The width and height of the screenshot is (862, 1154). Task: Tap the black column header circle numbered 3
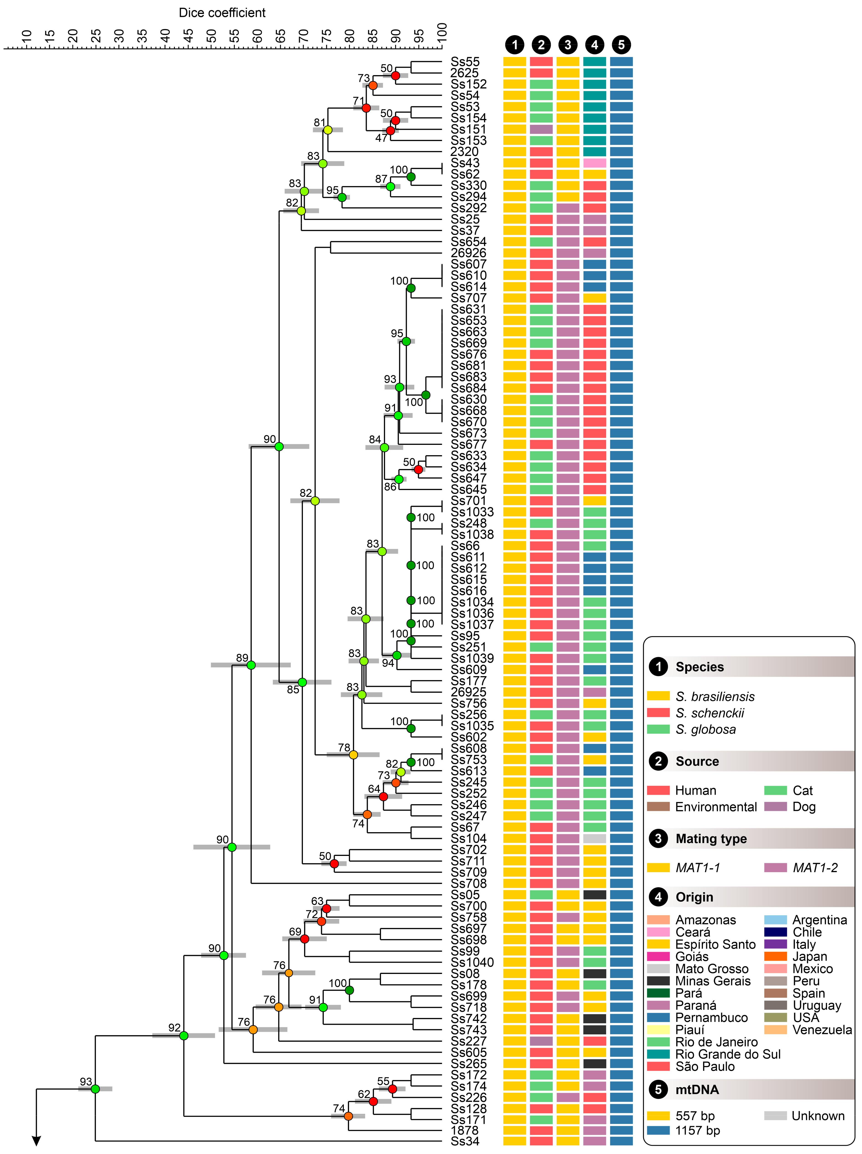[x=568, y=45]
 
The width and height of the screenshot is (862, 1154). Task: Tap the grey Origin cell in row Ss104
[x=594, y=838]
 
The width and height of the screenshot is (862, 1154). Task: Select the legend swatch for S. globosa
[x=658, y=729]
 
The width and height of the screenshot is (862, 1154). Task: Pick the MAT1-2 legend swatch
[x=775, y=867]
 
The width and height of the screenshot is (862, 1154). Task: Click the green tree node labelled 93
[x=95, y=1089]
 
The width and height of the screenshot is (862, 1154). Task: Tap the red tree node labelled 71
[x=366, y=108]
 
